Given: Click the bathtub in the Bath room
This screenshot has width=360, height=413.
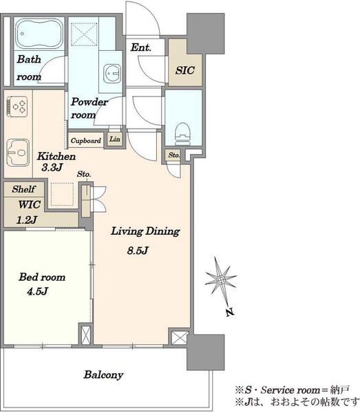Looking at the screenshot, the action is [x=39, y=34].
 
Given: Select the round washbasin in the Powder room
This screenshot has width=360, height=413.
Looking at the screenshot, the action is [x=112, y=74].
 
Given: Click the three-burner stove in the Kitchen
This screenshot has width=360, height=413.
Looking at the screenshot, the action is [x=17, y=107].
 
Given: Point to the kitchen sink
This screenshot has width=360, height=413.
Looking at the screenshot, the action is [x=18, y=152].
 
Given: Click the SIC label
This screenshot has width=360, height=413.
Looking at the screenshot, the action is [x=185, y=70].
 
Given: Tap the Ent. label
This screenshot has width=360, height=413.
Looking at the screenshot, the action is [x=141, y=47].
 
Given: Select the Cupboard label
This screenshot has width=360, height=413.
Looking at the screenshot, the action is [x=86, y=140].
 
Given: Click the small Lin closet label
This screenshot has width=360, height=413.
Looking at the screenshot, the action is [x=115, y=139].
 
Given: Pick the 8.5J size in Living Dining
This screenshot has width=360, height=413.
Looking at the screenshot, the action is [x=138, y=251].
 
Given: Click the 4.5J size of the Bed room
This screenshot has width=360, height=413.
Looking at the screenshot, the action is [x=37, y=291].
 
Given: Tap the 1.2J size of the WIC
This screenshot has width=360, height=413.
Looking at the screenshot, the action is [x=27, y=220].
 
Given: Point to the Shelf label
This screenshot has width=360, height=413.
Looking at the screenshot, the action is [x=23, y=189].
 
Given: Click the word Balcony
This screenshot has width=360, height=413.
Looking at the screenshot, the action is [x=103, y=375].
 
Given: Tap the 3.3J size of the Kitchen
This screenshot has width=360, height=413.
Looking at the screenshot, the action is [x=52, y=167].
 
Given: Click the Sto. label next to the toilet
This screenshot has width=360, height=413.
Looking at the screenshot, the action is [x=174, y=155].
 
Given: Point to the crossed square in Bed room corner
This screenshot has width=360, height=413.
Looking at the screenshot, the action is [x=85, y=335].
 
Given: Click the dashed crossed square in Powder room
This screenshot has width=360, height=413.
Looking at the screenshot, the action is [x=84, y=34].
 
